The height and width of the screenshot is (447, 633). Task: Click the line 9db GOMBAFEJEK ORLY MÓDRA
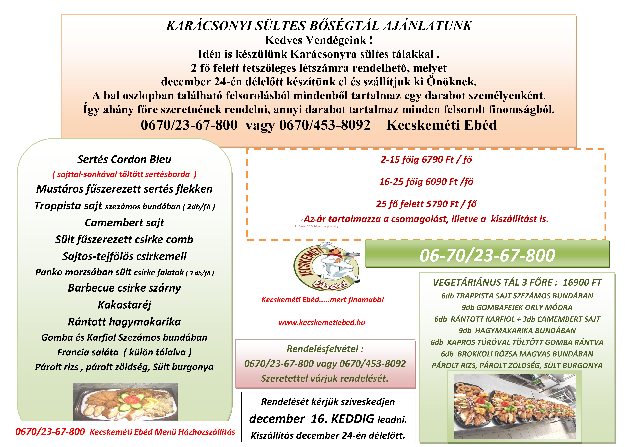517,307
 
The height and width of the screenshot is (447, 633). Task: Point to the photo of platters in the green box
515,406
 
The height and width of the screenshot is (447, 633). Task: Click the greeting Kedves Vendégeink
319,40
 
